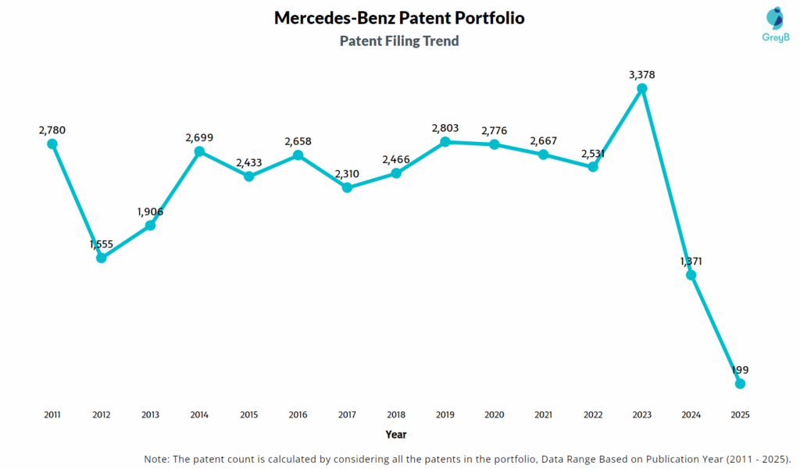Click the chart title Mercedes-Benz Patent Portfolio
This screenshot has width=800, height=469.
pyautogui.click(x=399, y=18)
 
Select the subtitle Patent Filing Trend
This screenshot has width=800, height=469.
pyautogui.click(x=399, y=41)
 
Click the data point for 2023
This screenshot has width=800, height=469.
pyautogui.click(x=642, y=89)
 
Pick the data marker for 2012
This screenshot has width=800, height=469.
pyautogui.click(x=102, y=258)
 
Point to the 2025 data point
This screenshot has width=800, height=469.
pyautogui.click(x=741, y=383)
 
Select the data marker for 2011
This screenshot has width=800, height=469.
pyautogui.click(x=52, y=144)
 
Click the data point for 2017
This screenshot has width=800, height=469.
pyautogui.click(x=348, y=188)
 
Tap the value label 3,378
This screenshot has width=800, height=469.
pyautogui.click(x=642, y=75)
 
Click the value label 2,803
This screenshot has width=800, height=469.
pyautogui.click(x=445, y=128)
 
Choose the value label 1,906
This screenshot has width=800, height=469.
pyautogui.click(x=150, y=211)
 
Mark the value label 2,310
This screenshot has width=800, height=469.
pyautogui.click(x=348, y=174)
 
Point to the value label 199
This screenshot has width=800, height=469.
pyautogui.click(x=741, y=369)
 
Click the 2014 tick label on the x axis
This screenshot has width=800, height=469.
pyautogui.click(x=199, y=414)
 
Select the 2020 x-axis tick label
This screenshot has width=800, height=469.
pyautogui.click(x=495, y=414)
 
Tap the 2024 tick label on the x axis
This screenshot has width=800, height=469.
pyautogui.click(x=691, y=414)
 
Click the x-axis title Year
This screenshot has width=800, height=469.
pyautogui.click(x=396, y=434)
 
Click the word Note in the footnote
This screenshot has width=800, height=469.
pyautogui.click(x=158, y=458)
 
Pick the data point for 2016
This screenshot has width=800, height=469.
pyautogui.click(x=298, y=155)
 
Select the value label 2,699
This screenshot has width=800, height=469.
pyautogui.click(x=199, y=137)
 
